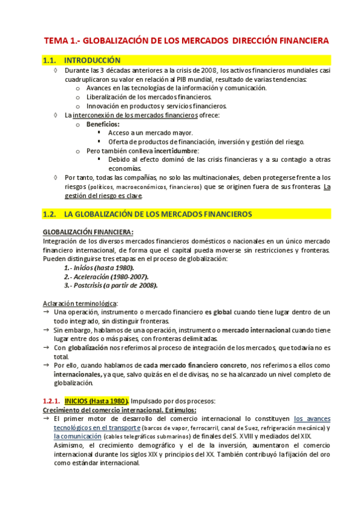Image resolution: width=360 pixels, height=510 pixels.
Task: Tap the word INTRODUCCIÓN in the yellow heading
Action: point(92,61)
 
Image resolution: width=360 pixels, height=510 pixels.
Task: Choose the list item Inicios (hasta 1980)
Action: point(99,268)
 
